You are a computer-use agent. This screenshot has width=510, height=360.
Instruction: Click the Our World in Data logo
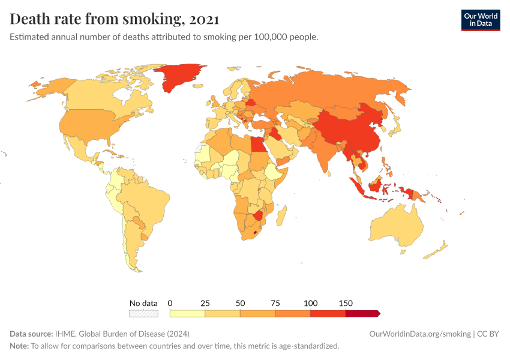[x=480, y=20]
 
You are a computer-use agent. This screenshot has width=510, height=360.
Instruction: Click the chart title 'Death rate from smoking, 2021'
[x=114, y=19]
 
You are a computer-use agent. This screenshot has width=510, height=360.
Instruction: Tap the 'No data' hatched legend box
[x=143, y=313]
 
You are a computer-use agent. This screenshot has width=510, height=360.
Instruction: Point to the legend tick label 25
[x=205, y=303]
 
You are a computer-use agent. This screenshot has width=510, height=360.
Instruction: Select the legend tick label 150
[x=346, y=303]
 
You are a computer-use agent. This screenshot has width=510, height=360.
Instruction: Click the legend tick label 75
[x=275, y=303]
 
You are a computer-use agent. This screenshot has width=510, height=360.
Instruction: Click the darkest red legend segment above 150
[x=362, y=313]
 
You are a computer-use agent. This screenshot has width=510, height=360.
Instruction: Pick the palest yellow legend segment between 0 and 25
[x=187, y=313]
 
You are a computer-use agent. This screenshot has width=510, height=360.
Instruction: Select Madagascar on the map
[x=283, y=215]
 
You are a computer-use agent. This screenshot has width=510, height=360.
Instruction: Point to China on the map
[x=348, y=129]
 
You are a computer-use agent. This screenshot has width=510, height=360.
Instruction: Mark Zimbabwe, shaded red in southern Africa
[x=259, y=215]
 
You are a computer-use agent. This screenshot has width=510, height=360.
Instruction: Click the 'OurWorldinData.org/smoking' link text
[x=420, y=334]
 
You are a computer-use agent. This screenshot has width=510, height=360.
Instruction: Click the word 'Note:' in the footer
[x=19, y=346]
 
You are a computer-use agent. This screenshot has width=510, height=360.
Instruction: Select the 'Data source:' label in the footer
[x=31, y=334]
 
